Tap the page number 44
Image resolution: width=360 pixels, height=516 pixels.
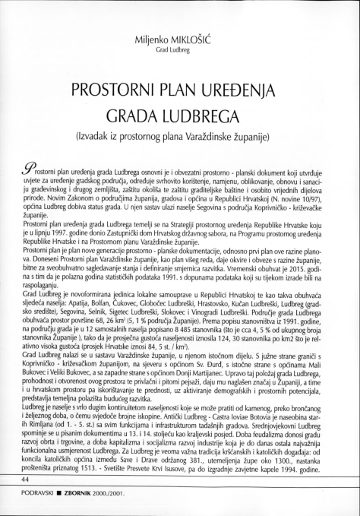coord(26,480)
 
